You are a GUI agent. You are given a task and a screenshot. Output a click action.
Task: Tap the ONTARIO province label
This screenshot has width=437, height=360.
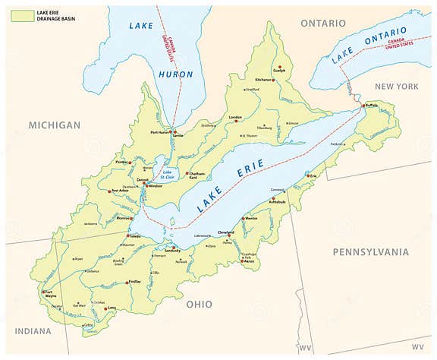pos(322,24)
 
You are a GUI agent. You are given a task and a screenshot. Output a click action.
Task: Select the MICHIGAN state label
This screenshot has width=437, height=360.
pos(54,125)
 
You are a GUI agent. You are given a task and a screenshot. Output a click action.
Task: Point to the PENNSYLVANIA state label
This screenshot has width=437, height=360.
pos(371,251)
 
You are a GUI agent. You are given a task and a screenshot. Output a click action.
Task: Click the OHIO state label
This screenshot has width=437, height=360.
pos(200,304)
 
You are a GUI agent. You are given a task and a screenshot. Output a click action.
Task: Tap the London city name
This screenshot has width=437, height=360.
pos(235,118)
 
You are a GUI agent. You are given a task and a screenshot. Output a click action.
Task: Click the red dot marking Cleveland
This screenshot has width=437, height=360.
pos(229,235)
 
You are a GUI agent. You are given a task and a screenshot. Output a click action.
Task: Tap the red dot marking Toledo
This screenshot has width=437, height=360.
pos(127,235)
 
